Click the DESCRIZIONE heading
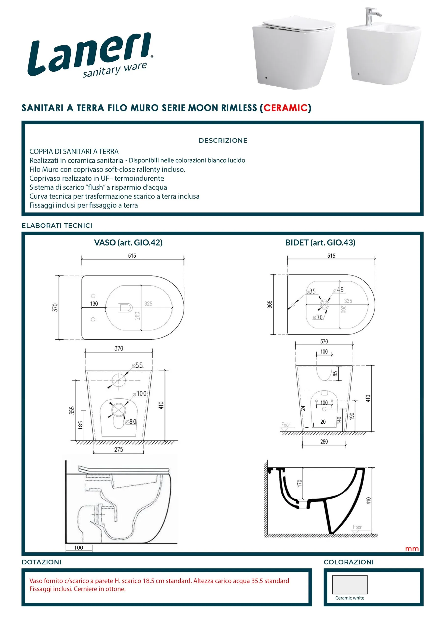point(223,141)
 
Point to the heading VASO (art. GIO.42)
point(128,242)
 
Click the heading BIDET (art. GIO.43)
point(320,242)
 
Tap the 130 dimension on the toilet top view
point(94,304)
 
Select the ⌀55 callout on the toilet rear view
point(138,365)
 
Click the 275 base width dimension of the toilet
point(118,449)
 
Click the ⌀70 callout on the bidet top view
point(318,317)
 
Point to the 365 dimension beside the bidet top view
point(270,304)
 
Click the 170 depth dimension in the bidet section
point(300,483)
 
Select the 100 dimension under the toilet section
point(78,548)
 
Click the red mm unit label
point(412,549)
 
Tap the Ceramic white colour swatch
point(350,585)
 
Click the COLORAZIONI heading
point(348,562)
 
